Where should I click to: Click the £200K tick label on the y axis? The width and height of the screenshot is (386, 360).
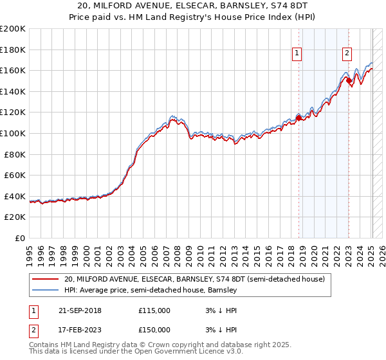pos(13,29)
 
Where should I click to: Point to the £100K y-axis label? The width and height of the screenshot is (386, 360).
pos(13,133)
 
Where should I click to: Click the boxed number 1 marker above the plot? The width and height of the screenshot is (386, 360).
pos(298,53)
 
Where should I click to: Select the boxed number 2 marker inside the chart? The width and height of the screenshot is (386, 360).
pos(347,53)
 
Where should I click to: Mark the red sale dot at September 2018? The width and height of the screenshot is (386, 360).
pos(299,118)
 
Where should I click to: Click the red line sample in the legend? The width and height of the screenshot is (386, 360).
pos(45,280)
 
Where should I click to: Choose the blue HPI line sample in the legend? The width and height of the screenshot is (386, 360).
pos(45,290)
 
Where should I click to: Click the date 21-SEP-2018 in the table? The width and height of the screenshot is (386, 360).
pos(76,310)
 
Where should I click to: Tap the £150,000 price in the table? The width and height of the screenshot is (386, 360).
pos(154,329)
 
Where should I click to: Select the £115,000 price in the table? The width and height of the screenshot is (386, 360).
pos(154,310)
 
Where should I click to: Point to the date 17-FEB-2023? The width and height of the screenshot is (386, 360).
pos(76,329)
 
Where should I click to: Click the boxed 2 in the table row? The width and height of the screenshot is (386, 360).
pos(32,329)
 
